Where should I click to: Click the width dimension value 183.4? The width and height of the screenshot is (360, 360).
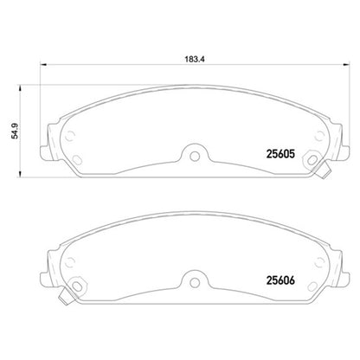tap(195, 60)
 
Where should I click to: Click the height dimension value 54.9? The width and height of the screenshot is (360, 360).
tap(15, 131)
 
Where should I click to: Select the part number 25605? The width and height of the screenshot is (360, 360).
tap(280, 154)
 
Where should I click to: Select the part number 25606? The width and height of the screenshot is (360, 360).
tap(280, 280)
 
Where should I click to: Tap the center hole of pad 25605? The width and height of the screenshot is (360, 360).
tap(195, 156)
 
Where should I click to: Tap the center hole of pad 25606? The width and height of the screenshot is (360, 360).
tap(195, 282)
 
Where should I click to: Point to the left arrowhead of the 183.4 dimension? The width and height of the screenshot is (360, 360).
tap(43, 64)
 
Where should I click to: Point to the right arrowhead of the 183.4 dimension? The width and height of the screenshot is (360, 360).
tap(346, 64)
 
